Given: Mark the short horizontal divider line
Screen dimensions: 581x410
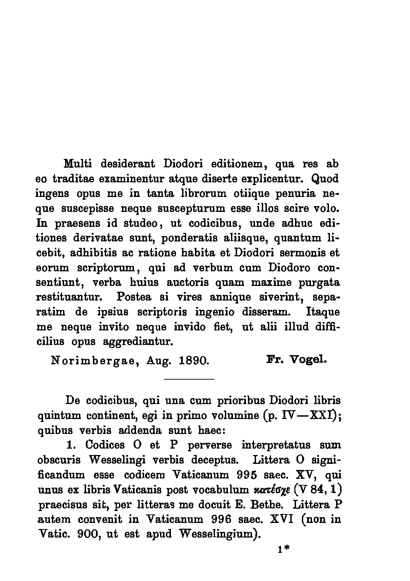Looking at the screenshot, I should [189, 379].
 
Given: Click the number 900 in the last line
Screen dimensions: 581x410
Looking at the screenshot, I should [88, 534].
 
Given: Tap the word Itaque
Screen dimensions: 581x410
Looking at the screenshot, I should [323, 312].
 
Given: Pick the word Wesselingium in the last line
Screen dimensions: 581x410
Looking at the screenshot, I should [217, 534].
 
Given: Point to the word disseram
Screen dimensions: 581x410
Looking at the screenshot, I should [266, 312].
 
